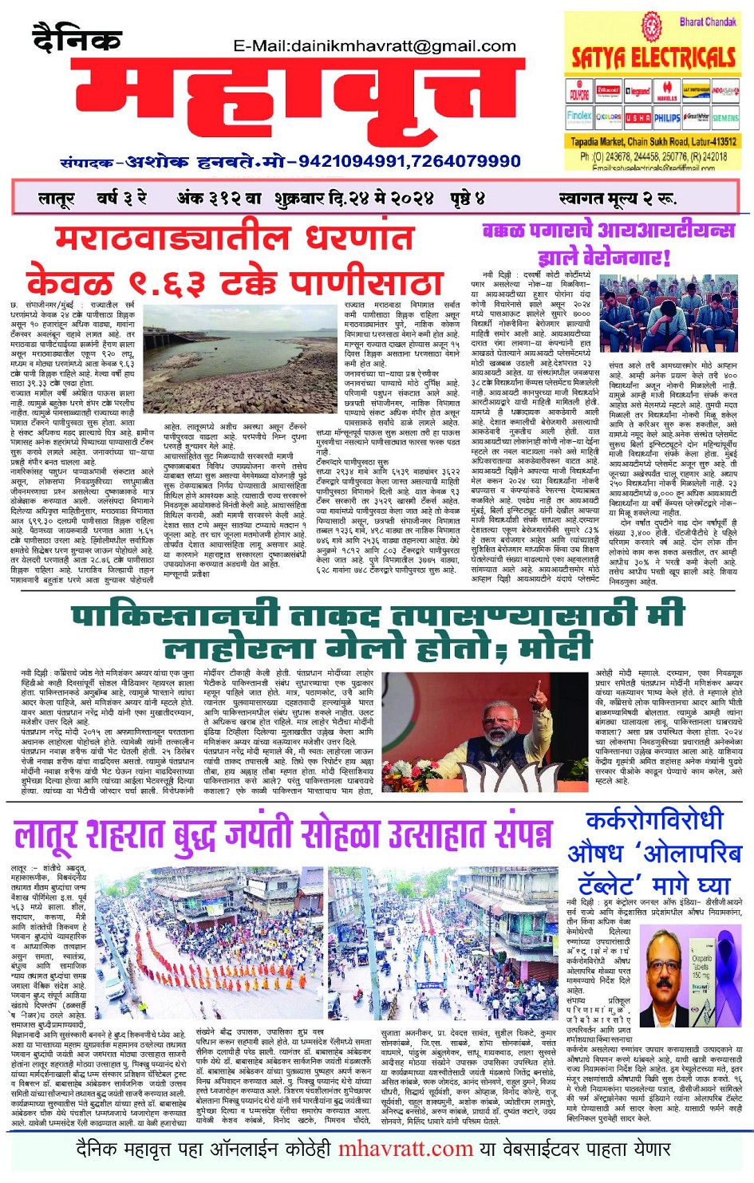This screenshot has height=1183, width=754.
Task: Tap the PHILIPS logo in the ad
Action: tap(667, 117)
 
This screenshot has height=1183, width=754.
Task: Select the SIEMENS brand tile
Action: tap(724, 117)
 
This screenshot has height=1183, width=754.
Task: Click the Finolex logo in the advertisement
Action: tap(579, 116)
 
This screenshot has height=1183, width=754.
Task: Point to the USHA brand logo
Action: tap(638, 117)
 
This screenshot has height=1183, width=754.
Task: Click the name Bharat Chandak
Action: tap(707, 22)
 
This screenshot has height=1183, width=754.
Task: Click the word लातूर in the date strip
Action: tap(56, 198)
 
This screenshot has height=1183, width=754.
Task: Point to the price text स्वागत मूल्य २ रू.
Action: tap(617, 198)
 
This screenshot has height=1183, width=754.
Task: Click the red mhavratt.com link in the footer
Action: tap(405, 1149)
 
